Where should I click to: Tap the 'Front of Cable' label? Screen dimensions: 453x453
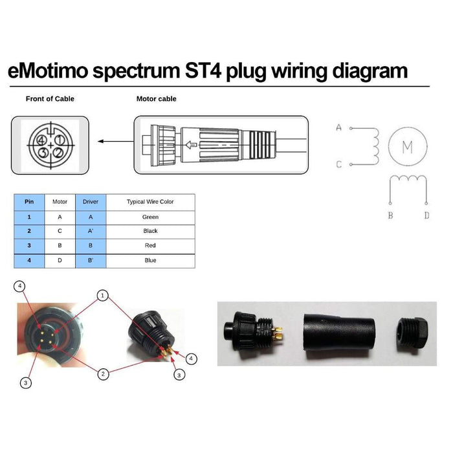(x=50, y=99)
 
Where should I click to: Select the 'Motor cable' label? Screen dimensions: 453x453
(x=156, y=99)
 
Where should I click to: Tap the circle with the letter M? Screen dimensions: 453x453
(x=407, y=147)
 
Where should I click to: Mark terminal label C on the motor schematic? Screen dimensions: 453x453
(x=338, y=164)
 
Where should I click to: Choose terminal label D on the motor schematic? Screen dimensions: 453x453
(x=426, y=215)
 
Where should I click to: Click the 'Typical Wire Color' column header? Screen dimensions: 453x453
(x=150, y=202)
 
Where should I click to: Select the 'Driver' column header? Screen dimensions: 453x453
(x=91, y=202)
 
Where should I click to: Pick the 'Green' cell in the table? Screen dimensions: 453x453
(x=150, y=217)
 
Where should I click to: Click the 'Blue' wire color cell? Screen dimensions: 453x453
(x=150, y=260)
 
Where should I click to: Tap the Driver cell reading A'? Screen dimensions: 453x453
(x=91, y=231)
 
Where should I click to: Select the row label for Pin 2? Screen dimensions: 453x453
(x=29, y=231)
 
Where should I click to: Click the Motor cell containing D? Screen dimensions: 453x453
(x=60, y=260)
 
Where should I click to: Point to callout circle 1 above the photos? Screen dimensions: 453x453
(x=102, y=294)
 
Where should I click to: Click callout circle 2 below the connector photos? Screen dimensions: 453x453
(x=102, y=373)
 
